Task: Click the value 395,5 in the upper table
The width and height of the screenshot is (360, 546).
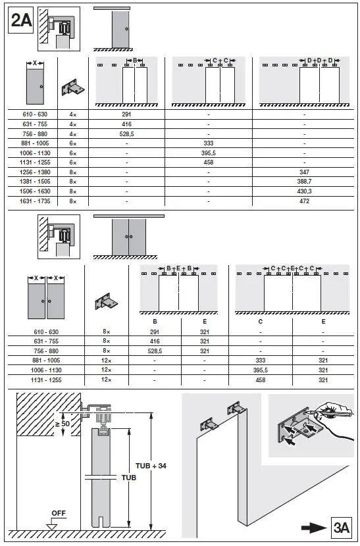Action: (209, 152)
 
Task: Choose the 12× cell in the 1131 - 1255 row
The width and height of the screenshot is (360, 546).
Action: (106, 380)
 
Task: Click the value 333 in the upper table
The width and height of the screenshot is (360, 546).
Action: (209, 143)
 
